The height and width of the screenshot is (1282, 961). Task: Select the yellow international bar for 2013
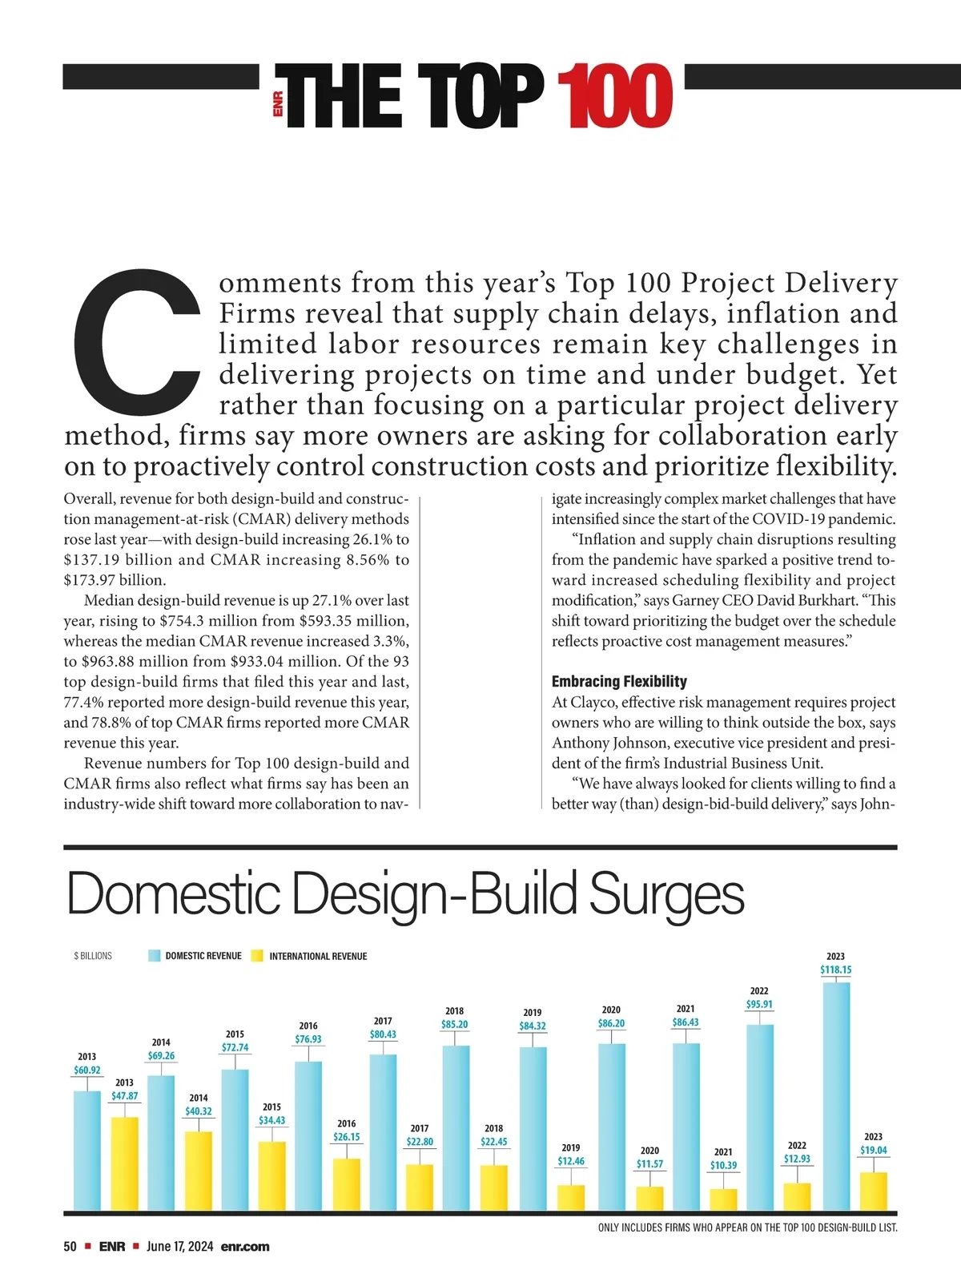pyautogui.click(x=124, y=1163)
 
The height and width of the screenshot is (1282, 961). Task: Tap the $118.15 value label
pyautogui.click(x=835, y=970)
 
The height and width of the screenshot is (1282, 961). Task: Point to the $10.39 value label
pyautogui.click(x=723, y=1165)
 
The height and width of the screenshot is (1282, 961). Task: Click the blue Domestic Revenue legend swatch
pyautogui.click(x=155, y=956)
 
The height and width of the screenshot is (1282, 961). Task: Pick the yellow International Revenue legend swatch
pyautogui.click(x=257, y=956)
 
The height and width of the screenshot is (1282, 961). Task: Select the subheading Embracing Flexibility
pyautogui.click(x=619, y=682)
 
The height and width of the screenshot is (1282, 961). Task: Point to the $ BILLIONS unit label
pyautogui.click(x=93, y=956)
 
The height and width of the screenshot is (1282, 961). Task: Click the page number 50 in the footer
pyautogui.click(x=70, y=1247)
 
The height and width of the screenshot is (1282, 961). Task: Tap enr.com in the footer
pyautogui.click(x=245, y=1247)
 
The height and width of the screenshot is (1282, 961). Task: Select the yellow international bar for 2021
pyautogui.click(x=723, y=1199)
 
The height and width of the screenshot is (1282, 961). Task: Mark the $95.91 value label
pyautogui.click(x=759, y=1004)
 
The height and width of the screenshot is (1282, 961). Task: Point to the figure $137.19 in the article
pyautogui.click(x=93, y=560)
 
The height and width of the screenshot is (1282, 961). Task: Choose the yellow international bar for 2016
pyautogui.click(x=346, y=1183)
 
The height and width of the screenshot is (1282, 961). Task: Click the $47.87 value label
pyautogui.click(x=124, y=1095)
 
